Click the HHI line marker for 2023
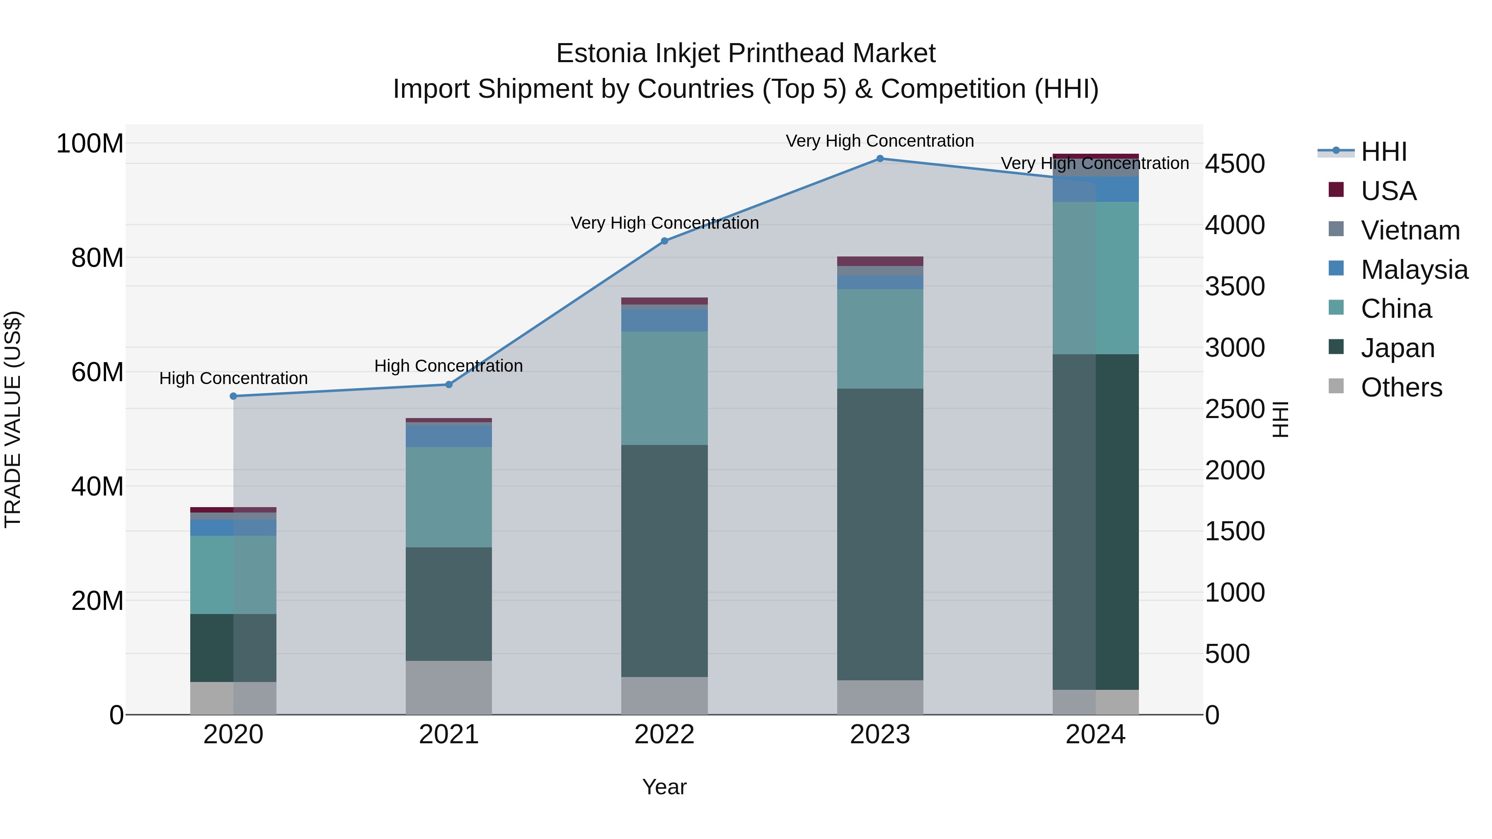880,159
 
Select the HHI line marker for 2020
233,397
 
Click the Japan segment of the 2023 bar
880,534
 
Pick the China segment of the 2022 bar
664,388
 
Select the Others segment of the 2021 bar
448,687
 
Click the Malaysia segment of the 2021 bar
448,436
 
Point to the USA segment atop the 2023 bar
880,261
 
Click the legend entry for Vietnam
1410,230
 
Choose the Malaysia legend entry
1414,270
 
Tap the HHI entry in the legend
1383,152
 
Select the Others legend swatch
1336,386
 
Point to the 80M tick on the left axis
97,258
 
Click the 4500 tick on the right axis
1235,164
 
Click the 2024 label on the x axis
1095,735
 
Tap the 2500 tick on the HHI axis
1235,409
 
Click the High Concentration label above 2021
448,366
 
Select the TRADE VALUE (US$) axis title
13,419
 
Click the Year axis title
664,787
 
